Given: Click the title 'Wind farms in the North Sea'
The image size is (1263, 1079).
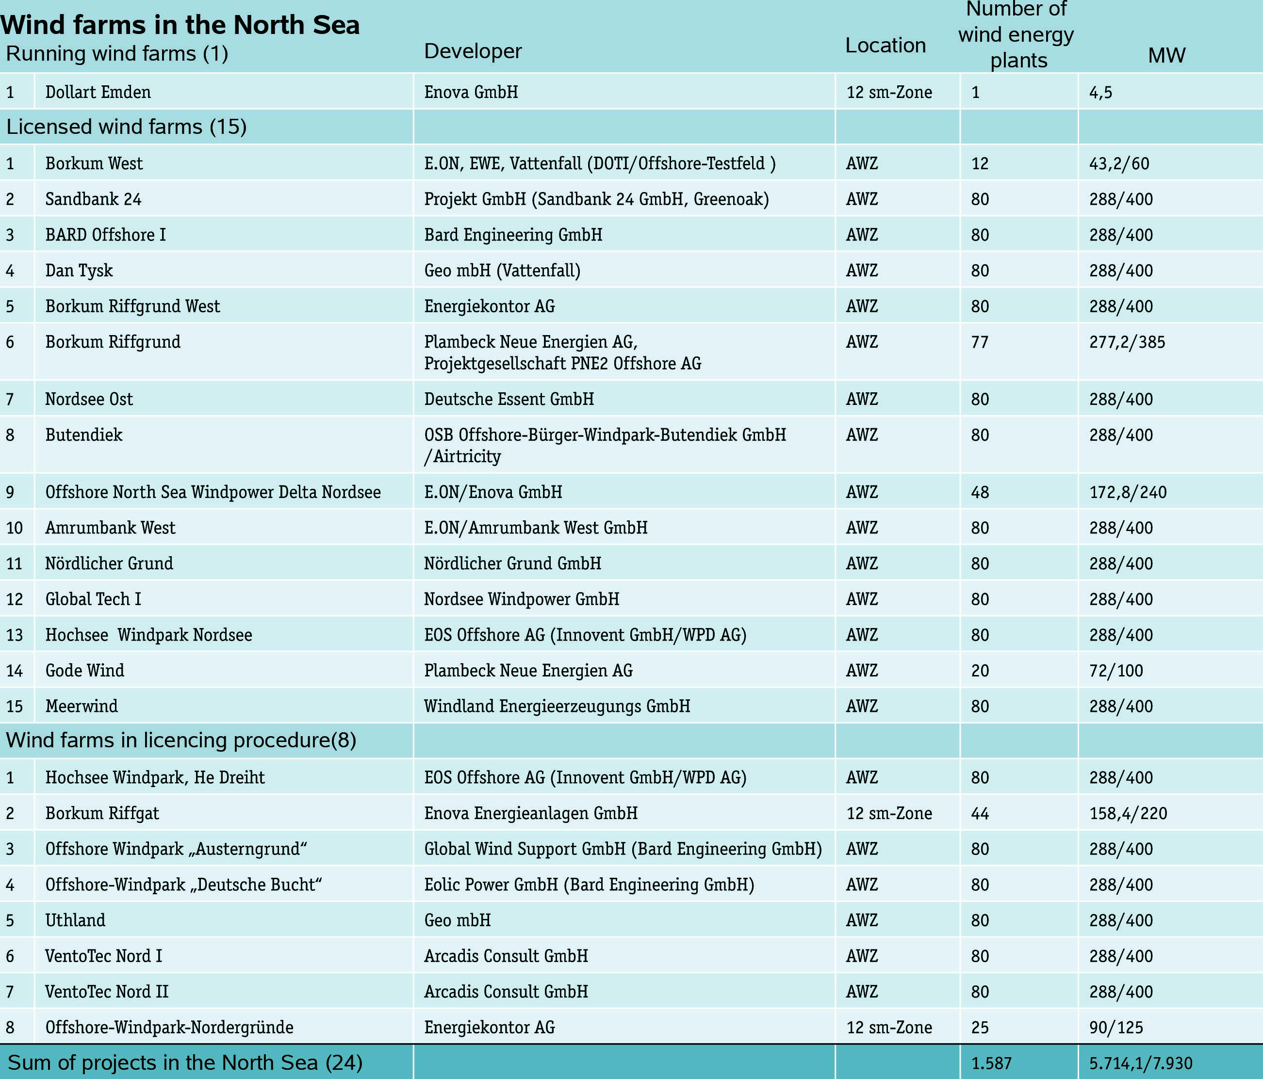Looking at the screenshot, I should (x=180, y=25).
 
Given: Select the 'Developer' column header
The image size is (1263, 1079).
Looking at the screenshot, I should (x=473, y=51).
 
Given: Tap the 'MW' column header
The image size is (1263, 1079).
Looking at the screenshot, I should (x=1166, y=55).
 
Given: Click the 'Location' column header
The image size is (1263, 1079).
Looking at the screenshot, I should (x=885, y=46).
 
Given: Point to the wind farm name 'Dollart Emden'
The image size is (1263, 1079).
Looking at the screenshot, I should (x=98, y=92).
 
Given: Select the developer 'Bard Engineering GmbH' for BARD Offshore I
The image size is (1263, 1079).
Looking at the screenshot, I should (x=513, y=235).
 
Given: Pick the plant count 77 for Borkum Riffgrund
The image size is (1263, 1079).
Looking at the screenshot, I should (x=979, y=342).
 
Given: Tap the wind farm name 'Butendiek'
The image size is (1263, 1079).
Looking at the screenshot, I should (x=83, y=435).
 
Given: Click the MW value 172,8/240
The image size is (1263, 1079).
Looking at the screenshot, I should (x=1128, y=492).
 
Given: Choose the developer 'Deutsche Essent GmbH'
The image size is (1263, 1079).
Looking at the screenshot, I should (x=508, y=399).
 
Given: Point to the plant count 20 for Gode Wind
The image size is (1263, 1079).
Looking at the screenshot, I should (x=980, y=670).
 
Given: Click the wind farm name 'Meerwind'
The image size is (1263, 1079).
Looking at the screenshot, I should (x=81, y=706).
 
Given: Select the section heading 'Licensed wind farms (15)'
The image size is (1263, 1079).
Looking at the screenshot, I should (x=126, y=127).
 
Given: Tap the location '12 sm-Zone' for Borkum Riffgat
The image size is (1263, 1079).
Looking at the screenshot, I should (x=889, y=813).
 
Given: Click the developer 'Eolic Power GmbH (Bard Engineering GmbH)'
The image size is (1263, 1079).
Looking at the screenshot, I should (x=589, y=884).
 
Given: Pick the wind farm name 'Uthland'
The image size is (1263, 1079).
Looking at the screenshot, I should (x=75, y=920).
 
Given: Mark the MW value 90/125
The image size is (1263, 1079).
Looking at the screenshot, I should (x=1115, y=1027).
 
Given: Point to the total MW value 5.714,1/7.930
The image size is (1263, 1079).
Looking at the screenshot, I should (x=1140, y=1063).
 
